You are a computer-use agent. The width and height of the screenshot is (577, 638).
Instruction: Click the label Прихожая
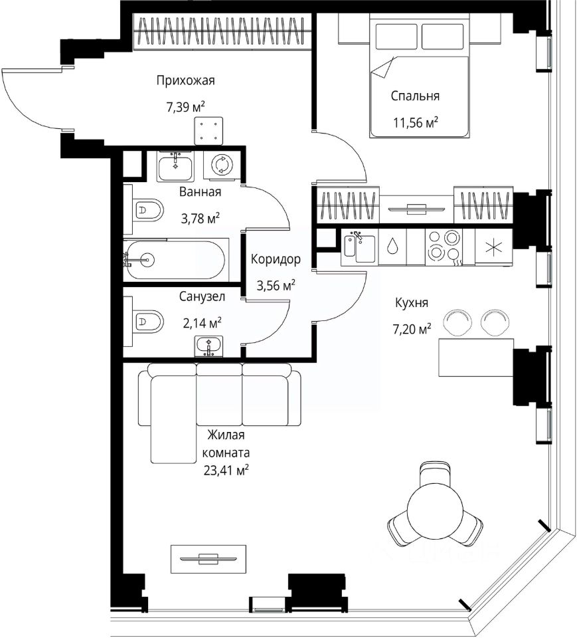coord(185,80)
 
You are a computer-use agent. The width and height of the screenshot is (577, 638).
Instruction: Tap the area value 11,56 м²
coord(415,122)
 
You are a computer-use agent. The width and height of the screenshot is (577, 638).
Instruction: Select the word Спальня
coord(415,96)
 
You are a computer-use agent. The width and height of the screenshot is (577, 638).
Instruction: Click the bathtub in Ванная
coord(174,259)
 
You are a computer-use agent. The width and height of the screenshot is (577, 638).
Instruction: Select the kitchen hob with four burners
coord(445,246)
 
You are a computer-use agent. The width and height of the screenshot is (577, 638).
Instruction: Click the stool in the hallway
coord(208,131)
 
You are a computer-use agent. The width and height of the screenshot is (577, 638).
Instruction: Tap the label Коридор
coord(276,259)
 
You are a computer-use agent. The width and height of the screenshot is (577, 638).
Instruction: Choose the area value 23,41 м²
coord(226,471)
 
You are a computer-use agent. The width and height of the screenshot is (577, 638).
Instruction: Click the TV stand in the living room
coord(208,559)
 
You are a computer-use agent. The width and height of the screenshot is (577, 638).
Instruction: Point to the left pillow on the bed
coord(396,37)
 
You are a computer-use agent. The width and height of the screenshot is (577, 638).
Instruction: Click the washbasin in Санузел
coord(209,346)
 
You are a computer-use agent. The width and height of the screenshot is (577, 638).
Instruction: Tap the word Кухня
coord(412,303)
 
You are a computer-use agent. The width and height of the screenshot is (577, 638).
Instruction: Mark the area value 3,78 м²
coord(201,219)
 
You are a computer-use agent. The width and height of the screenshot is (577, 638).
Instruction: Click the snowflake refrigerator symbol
coord(493,247)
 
